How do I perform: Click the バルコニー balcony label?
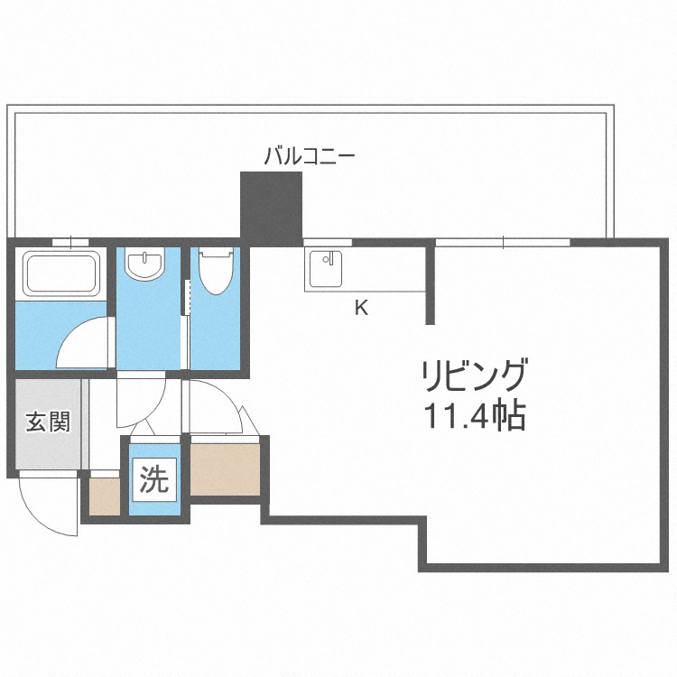tap(309, 155)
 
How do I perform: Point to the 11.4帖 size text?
tap(474, 416)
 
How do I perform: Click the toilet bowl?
tap(217, 270)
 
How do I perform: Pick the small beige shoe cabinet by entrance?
tap(104, 496)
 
